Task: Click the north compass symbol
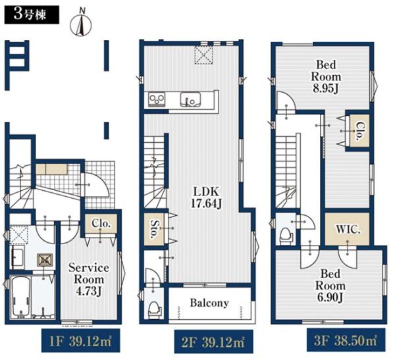coord(80,22)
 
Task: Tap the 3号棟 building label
coord(32,14)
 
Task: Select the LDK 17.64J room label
coord(206,197)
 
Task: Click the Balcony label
coord(209,303)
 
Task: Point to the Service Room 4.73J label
coord(89,280)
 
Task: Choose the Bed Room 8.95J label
coord(326,76)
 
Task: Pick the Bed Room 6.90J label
coord(330,286)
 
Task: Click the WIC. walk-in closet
coord(347,229)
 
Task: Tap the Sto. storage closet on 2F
coord(153,229)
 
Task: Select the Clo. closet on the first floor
coord(101,224)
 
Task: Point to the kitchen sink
coord(190,99)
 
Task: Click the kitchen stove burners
coord(157,99)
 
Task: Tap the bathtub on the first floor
coord(20,297)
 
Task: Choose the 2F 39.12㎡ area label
coord(213,342)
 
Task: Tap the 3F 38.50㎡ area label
coord(346,340)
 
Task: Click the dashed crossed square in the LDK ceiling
coord(203,55)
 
